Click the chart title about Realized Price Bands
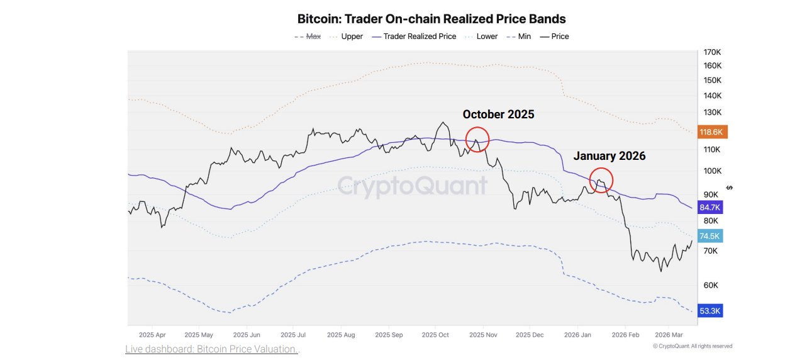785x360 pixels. tap(431, 19)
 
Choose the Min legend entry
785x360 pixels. tap(524, 37)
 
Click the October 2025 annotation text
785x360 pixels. tap(498, 114)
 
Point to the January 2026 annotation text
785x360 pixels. tap(609, 156)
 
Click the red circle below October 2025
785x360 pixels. tap(477, 140)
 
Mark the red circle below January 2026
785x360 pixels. tap(601, 180)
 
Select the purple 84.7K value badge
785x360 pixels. tap(710, 207)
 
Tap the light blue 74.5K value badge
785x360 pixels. tap(710, 236)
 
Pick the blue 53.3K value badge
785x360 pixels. tap(710, 311)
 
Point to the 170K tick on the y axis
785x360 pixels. tap(712, 52)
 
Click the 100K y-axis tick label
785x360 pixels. tap(712, 171)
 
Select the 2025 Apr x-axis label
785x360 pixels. tap(152, 335)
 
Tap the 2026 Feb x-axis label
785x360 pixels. tap(625, 335)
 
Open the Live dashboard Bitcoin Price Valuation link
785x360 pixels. tap(212, 349)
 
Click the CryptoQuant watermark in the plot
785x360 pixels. tap(413, 185)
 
